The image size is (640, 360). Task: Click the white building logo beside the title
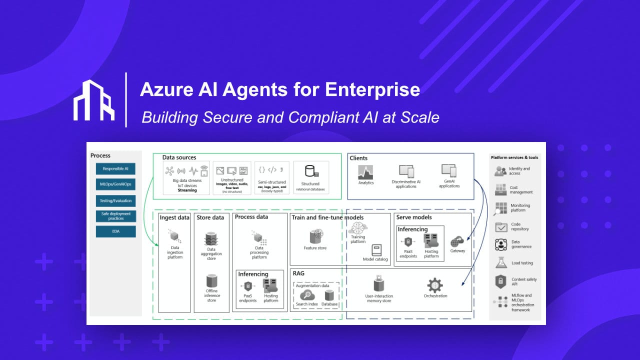[x=94, y=100]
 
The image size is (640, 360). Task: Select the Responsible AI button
[x=116, y=169]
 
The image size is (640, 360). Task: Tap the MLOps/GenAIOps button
[x=116, y=184]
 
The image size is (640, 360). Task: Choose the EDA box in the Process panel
[x=116, y=231]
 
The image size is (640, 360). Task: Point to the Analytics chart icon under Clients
[x=366, y=172]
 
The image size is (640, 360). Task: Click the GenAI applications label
[x=449, y=183]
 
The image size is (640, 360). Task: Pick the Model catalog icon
[x=376, y=250]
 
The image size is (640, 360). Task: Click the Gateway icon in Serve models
[x=457, y=242]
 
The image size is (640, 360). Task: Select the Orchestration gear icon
[x=434, y=285]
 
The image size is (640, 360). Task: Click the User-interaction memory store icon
[x=378, y=284]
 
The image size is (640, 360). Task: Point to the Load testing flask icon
[x=501, y=262]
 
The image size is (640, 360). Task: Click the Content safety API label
[x=523, y=281]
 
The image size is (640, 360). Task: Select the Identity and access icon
[x=500, y=171]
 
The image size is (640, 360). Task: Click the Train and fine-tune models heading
[x=327, y=217]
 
